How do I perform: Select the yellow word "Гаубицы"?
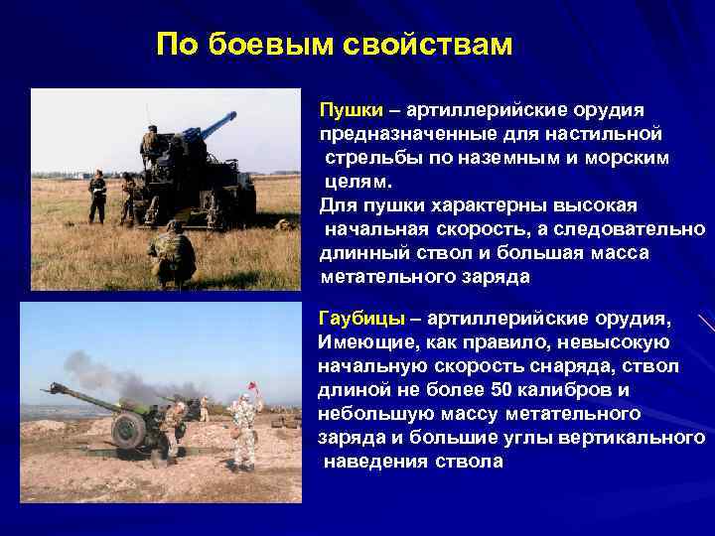point(360,319)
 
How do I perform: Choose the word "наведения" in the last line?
point(370,462)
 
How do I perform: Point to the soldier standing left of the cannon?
point(97,196)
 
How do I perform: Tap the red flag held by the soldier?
point(257,383)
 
